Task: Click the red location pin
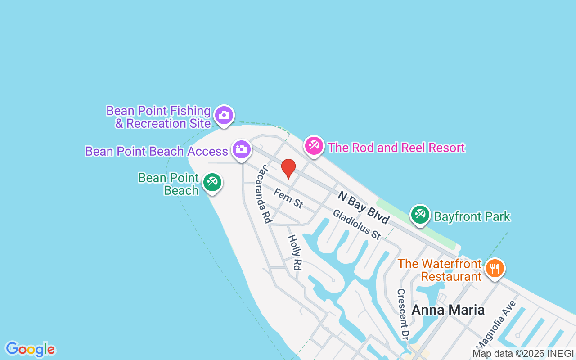pyautogui.click(x=288, y=168)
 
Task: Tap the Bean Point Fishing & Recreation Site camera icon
pyautogui.click(x=224, y=116)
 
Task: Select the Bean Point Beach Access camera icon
pyautogui.click(x=241, y=149)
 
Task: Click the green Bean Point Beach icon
pyautogui.click(x=211, y=182)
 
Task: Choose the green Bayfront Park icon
pyautogui.click(x=420, y=215)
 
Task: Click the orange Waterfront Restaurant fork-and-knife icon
pyautogui.click(x=495, y=269)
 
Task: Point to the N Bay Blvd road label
pyautogui.click(x=364, y=207)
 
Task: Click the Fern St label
pyautogui.click(x=288, y=198)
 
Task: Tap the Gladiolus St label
pyautogui.click(x=357, y=224)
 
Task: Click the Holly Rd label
pyautogui.click(x=294, y=252)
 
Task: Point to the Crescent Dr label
pyautogui.click(x=402, y=314)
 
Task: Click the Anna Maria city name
pyautogui.click(x=448, y=310)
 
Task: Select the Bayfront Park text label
pyautogui.click(x=472, y=217)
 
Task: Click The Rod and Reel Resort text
pyautogui.click(x=396, y=148)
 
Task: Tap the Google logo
pyautogui.click(x=30, y=349)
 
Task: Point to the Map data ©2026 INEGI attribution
pyautogui.click(x=523, y=354)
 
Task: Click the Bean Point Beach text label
pyautogui.click(x=169, y=184)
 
